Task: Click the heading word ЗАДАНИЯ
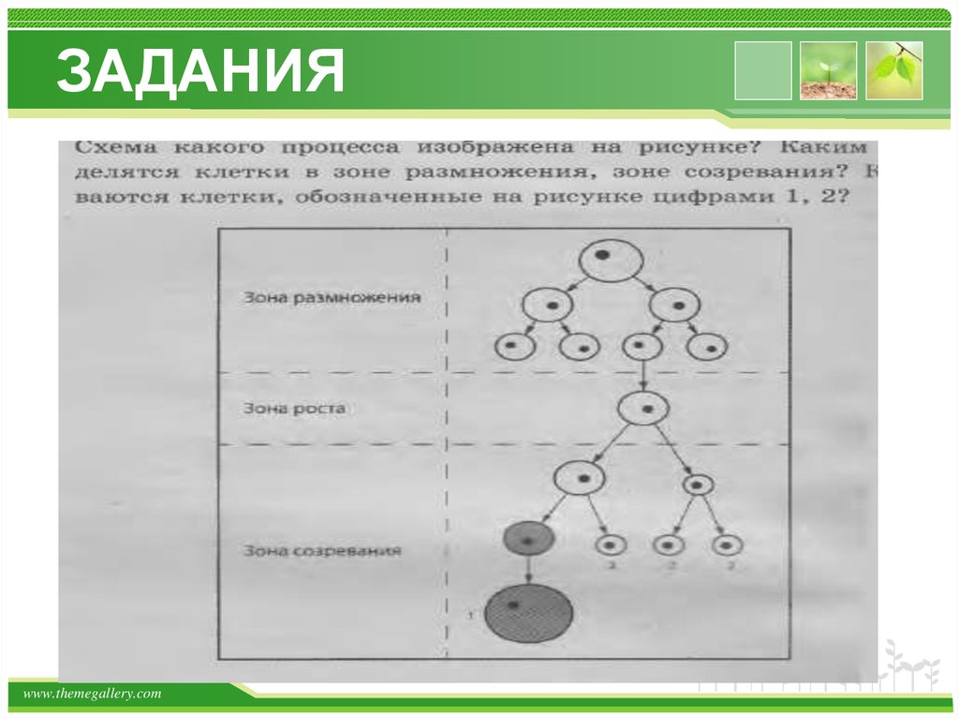pyautogui.click(x=199, y=73)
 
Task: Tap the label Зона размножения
pyautogui.click(x=332, y=298)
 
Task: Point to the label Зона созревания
pyautogui.click(x=322, y=550)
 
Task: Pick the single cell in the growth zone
pyautogui.click(x=642, y=409)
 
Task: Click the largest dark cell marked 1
pyautogui.click(x=528, y=612)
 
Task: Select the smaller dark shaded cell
pyautogui.click(x=528, y=538)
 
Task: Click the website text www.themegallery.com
pyautogui.click(x=92, y=694)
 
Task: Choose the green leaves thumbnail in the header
pyautogui.click(x=893, y=70)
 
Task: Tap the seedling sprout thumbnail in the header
pyautogui.click(x=828, y=70)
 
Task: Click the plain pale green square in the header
pyautogui.click(x=762, y=70)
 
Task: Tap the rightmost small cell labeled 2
pyautogui.click(x=727, y=544)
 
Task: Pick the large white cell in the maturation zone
pyautogui.click(x=582, y=478)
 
